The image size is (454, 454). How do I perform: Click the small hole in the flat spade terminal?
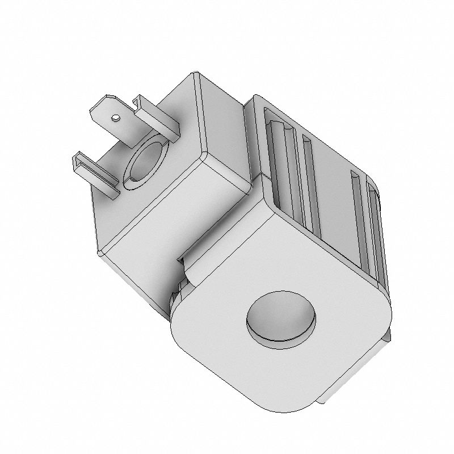click(115, 118)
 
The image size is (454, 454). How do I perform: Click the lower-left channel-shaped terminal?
click(94, 174)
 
